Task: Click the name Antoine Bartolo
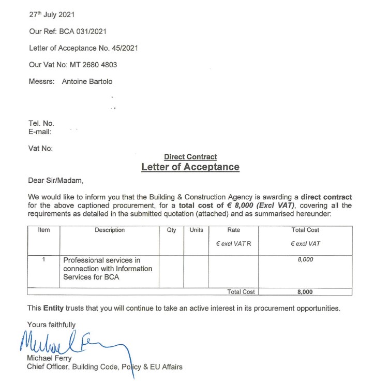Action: tap(87, 81)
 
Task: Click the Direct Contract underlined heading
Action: tap(190, 157)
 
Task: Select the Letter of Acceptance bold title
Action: tap(190, 167)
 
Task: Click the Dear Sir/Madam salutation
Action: tap(55, 181)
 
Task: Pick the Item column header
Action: tap(44, 230)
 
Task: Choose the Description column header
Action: tap(110, 230)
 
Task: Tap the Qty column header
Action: tap(171, 230)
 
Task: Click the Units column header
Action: tap(196, 230)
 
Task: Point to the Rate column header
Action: tap(234, 230)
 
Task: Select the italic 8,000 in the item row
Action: tap(305, 260)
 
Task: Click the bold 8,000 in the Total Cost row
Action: tap(305, 292)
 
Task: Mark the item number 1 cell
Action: tap(44, 260)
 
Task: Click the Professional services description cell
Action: tap(108, 269)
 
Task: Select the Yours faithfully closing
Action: tap(52, 325)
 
